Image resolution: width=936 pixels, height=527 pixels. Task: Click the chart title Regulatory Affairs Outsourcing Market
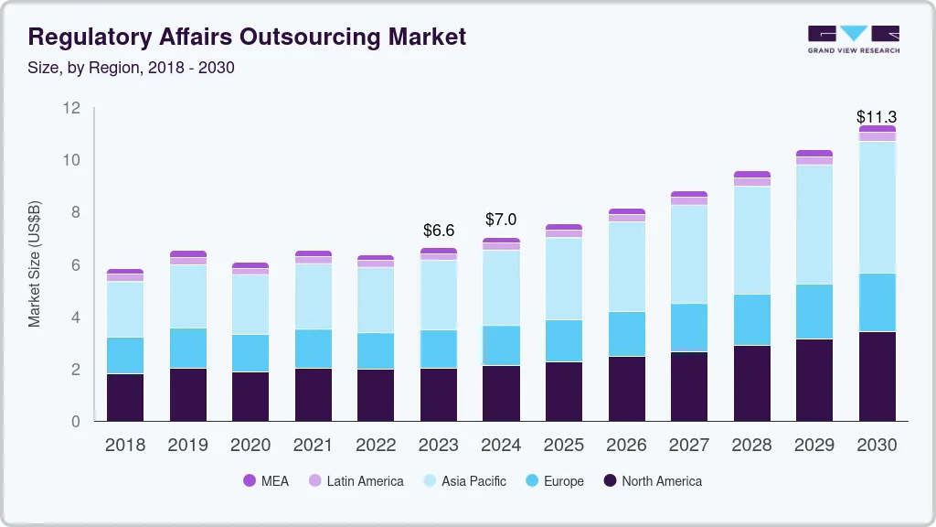(247, 37)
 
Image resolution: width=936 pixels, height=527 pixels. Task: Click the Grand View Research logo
(853, 38)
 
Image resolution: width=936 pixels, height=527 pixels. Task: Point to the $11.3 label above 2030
(876, 117)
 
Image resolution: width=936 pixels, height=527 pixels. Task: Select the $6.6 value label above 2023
(439, 230)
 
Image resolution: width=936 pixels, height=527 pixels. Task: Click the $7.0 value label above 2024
(501, 220)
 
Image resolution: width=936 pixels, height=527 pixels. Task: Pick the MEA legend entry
(266, 480)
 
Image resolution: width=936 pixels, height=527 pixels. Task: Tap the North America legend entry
(652, 480)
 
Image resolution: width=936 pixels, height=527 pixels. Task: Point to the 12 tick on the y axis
(72, 108)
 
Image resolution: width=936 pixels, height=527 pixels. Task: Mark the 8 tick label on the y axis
(77, 212)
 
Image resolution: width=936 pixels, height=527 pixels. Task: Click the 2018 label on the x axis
(125, 445)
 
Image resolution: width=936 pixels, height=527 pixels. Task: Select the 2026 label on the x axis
(626, 445)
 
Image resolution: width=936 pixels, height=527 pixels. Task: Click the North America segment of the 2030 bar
(877, 376)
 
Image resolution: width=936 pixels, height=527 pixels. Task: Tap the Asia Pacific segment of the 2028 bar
(752, 240)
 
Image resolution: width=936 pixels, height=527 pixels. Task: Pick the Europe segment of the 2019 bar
(188, 348)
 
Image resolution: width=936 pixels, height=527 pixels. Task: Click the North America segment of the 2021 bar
(314, 394)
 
